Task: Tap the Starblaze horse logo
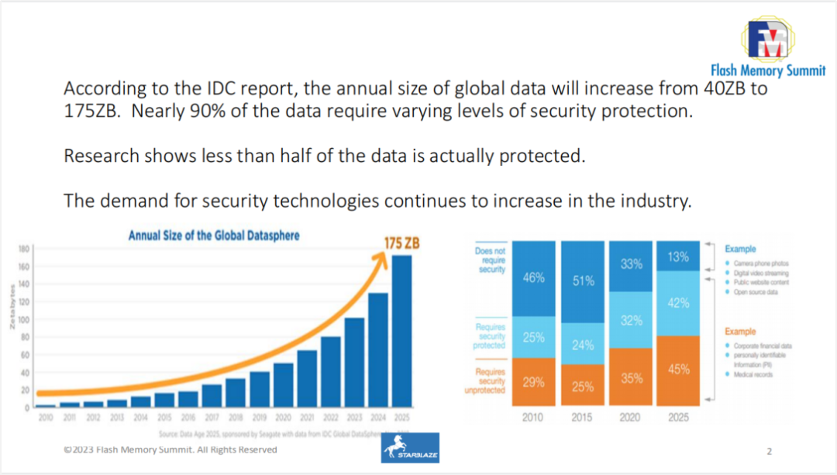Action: point(410,447)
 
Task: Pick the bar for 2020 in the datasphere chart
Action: point(283,384)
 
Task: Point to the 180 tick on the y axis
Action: point(24,250)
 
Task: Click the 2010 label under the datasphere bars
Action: point(46,417)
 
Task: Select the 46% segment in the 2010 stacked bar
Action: point(533,277)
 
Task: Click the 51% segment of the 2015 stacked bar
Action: point(583,281)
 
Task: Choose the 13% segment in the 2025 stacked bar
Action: point(678,256)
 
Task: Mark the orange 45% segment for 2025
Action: point(678,369)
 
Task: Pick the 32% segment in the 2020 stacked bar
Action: point(631,319)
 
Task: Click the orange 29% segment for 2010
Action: point(533,381)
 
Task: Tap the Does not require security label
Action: point(490,260)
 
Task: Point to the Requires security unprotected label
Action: point(490,381)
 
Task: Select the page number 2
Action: point(769,450)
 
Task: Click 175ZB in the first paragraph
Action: point(92,110)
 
